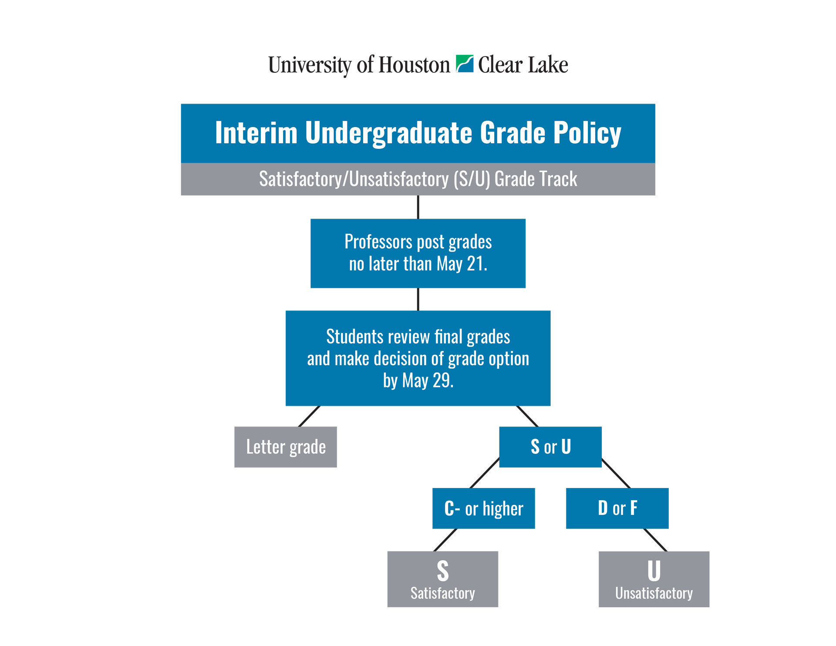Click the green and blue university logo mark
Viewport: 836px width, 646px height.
[x=464, y=64]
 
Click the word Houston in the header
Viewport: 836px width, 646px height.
[x=414, y=65]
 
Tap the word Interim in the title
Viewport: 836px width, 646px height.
[x=256, y=132]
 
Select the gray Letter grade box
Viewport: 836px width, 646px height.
[x=286, y=447]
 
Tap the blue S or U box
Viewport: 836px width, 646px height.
[x=550, y=447]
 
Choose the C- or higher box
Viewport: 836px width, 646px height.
[x=483, y=508]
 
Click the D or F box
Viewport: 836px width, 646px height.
[x=617, y=508]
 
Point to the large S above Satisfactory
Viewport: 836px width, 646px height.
[x=443, y=571]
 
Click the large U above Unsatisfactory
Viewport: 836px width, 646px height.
[x=654, y=571]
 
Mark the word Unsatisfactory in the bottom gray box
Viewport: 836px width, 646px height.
[x=654, y=593]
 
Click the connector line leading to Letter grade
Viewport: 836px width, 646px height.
[x=309, y=416]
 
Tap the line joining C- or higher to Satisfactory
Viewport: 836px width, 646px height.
[x=445, y=540]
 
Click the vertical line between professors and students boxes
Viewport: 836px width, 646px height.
[x=418, y=299]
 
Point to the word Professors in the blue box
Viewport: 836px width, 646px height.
[x=378, y=242]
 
